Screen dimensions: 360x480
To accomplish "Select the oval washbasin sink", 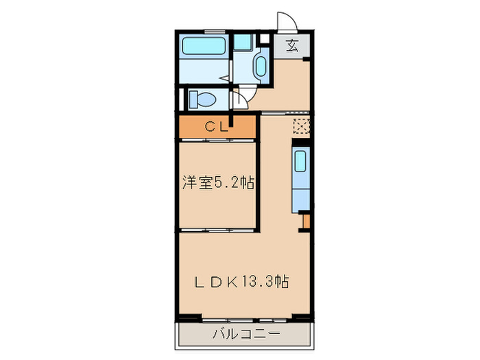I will point(261,67).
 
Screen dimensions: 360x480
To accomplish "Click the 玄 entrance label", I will point(292,47).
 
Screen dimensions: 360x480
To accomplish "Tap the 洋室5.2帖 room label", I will point(219,182).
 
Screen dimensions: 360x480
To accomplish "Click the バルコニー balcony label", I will point(245,335).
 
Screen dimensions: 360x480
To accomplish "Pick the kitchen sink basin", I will point(300,163).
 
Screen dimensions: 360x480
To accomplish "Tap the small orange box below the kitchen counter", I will point(307,222).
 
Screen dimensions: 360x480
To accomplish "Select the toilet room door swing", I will point(241,98).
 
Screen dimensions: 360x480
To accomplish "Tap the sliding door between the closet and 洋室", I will point(218,139).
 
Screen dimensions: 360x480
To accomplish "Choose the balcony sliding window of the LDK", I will point(248,319).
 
